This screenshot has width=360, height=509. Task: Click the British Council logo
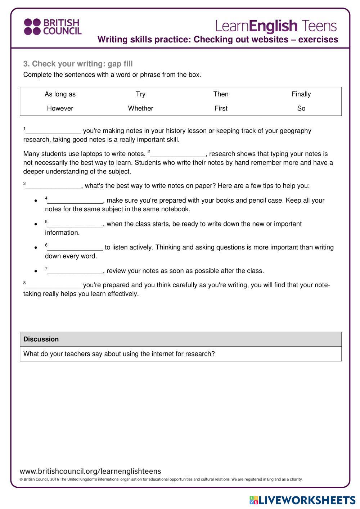pos(53,27)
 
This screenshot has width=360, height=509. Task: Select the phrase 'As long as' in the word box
pos(60,94)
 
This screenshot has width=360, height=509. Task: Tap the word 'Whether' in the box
pos(140,108)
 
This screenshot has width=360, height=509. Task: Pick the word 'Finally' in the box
pos(301,94)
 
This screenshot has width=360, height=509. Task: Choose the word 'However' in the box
pos(60,108)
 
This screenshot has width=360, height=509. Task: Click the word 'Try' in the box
pos(140,94)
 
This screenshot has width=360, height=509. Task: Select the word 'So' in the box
pos(301,108)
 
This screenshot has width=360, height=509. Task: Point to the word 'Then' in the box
pos(221,94)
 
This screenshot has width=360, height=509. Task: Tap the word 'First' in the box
pos(221,108)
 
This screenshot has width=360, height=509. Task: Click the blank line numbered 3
pos(53,187)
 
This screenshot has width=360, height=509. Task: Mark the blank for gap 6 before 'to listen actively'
pos(75,248)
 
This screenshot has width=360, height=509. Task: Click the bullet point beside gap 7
pos(36,271)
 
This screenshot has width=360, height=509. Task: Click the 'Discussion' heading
pos(41,339)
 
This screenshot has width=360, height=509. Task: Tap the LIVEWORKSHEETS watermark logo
pos(302,500)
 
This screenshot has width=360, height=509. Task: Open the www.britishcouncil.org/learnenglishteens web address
pos(90,471)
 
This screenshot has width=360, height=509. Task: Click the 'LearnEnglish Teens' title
pos(276,26)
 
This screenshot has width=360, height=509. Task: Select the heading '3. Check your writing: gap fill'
pos(78,64)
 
